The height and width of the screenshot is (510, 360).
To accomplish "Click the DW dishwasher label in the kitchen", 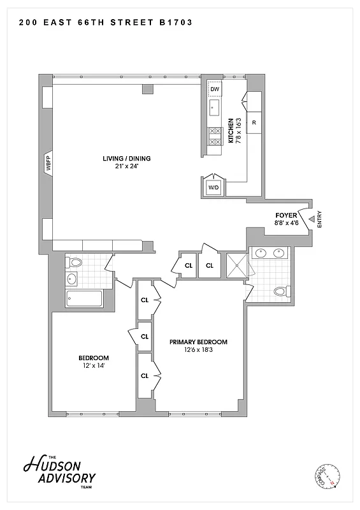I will click(215, 89).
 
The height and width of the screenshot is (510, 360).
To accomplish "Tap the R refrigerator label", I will click(254, 122).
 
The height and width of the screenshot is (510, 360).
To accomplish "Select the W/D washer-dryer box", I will click(213, 187).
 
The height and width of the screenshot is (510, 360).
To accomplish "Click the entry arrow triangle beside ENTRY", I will click(311, 220).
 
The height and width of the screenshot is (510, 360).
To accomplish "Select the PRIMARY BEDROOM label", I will click(198, 342).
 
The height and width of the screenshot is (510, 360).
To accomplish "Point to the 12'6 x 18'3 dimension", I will click(198, 350).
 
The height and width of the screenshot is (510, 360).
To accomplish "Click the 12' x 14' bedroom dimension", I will click(94, 366).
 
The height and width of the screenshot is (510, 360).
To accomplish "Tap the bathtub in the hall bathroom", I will click(85, 298).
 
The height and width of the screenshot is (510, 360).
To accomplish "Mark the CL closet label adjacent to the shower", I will click(209, 266).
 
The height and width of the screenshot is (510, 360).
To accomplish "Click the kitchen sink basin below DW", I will click(215, 107).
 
